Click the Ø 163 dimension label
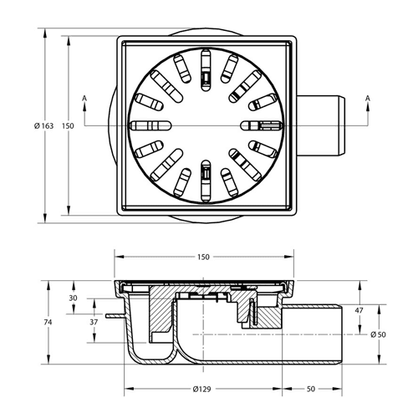tap(43, 126)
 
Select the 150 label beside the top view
tap(68, 126)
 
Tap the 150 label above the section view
tap(203, 257)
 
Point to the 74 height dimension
tap(48, 322)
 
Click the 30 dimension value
tap(73, 298)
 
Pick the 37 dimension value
tap(94, 322)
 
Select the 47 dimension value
tap(359, 310)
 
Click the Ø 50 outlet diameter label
tap(378, 334)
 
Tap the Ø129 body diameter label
tap(201, 389)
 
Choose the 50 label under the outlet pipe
tap(311, 389)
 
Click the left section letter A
tap(84, 98)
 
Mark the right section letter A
tap(368, 98)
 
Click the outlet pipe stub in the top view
tap(321, 126)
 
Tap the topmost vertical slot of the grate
tap(206, 70)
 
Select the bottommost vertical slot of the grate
tap(206, 181)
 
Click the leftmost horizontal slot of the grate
tap(150, 125)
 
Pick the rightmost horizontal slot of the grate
tap(262, 125)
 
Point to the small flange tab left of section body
tap(115, 316)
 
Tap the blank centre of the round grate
tap(206, 125)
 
